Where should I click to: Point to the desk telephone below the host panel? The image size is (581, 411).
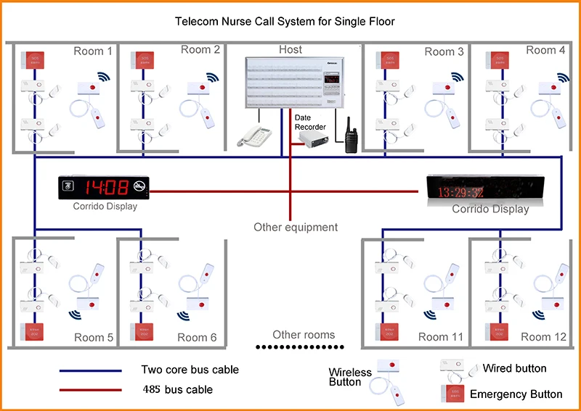coord(252,135)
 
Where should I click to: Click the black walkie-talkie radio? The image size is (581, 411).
coord(350,134)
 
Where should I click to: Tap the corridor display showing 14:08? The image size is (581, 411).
coord(105,188)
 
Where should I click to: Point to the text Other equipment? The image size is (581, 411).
coord(296,228)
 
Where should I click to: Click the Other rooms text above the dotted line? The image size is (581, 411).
coord(304,335)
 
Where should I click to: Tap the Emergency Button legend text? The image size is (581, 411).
coord(516,394)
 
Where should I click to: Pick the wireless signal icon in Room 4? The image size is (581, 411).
coord(563,78)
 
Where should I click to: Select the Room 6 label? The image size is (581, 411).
coord(197,338)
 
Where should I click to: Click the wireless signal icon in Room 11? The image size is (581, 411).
coord(432,313)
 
